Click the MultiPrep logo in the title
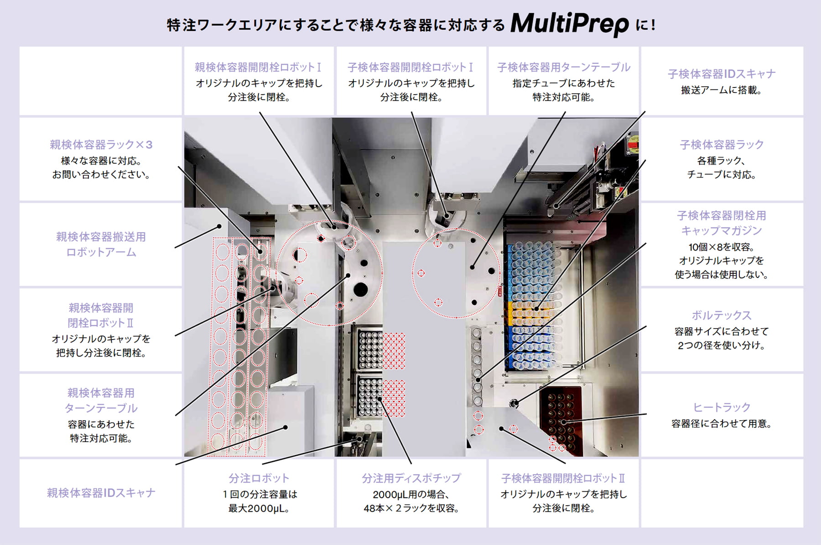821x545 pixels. [570, 24]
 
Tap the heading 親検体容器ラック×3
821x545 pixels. [101, 144]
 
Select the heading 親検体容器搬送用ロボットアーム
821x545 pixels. [101, 244]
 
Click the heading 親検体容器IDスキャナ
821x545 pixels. [101, 493]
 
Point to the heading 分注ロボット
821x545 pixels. [259, 478]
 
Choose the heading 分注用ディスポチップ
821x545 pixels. [411, 478]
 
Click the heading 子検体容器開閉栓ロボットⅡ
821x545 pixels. [563, 478]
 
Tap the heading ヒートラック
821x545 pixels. [721, 407]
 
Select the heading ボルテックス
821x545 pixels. [721, 315]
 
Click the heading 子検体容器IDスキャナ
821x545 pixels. [721, 74]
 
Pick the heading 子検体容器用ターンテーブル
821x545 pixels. [563, 67]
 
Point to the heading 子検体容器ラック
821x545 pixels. [721, 144]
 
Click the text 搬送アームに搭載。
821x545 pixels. [721, 90]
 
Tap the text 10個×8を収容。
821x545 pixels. [721, 247]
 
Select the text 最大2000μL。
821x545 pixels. [259, 508]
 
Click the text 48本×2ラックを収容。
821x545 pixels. [411, 508]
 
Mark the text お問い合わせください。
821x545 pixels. [101, 175]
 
